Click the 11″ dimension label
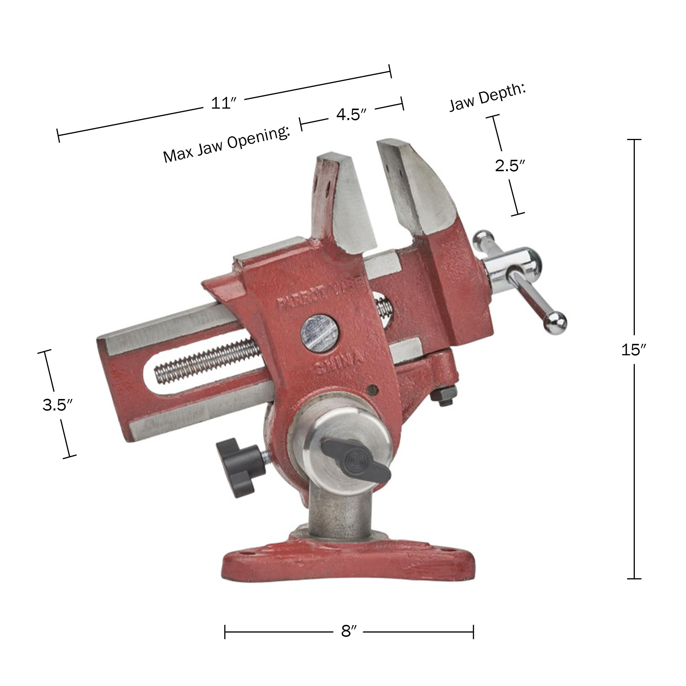click(223, 103)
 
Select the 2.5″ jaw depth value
click(510, 165)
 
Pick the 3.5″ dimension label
click(57, 405)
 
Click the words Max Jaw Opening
click(226, 144)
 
